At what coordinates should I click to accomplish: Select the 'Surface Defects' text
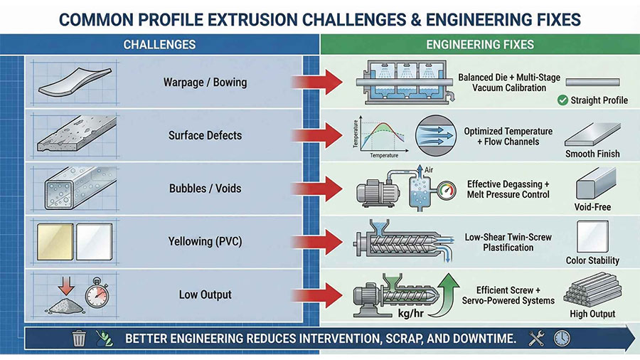point(206,135)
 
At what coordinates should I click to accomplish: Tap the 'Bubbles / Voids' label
point(206,189)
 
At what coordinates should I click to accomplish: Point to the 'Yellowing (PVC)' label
point(206,242)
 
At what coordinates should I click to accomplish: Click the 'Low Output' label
point(206,295)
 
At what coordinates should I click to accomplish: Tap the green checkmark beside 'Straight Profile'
point(562,100)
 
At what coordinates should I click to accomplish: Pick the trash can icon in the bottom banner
point(79,339)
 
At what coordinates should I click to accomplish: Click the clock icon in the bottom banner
point(562,339)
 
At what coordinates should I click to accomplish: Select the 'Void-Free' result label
point(592,207)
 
